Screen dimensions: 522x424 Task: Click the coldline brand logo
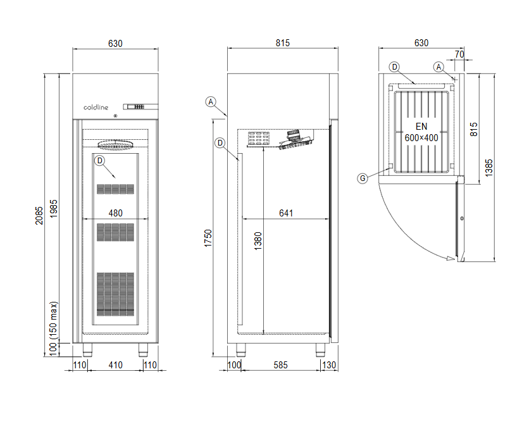[x=96, y=107]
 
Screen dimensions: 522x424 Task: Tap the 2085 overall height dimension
[x=39, y=216]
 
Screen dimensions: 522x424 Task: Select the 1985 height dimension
[x=54, y=209]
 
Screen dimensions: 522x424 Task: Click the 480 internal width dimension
[x=116, y=213]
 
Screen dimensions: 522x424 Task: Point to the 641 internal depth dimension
[x=286, y=213]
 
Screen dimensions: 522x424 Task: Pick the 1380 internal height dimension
[x=258, y=241]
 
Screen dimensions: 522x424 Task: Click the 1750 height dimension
[x=208, y=238]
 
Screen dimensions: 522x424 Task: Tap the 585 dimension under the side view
[x=280, y=365]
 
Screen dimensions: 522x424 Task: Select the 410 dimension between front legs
[x=116, y=365]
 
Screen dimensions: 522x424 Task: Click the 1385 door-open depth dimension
[x=488, y=168]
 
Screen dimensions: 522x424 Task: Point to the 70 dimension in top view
[x=459, y=54]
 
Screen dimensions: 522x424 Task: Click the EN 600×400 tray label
[x=421, y=132]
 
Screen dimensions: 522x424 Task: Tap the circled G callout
[x=363, y=178]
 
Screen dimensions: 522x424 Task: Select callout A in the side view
[x=211, y=102]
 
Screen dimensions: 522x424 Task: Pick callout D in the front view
[x=99, y=161]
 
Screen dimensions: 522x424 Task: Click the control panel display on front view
[x=140, y=106]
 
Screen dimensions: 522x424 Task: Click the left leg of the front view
[x=87, y=350]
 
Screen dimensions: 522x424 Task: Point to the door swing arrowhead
[x=451, y=258]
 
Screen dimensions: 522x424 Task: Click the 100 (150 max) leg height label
[x=54, y=328]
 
